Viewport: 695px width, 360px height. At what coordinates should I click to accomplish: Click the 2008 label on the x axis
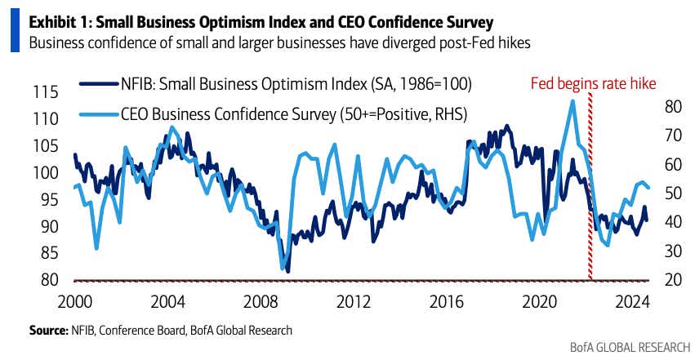click(x=270, y=301)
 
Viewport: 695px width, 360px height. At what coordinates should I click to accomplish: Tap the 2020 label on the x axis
click(x=537, y=301)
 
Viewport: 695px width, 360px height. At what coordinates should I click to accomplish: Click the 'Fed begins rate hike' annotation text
click(x=593, y=83)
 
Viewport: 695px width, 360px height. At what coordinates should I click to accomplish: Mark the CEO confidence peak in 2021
click(x=572, y=100)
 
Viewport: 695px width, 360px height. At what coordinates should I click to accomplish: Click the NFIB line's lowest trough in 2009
click(x=287, y=271)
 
